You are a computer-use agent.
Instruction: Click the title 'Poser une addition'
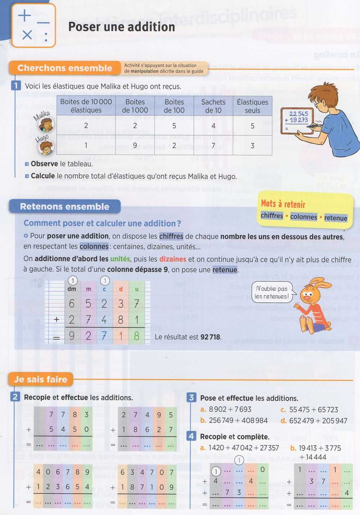[122, 27]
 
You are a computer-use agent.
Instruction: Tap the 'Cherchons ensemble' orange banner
[65, 68]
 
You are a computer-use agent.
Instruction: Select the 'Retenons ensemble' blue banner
[65, 207]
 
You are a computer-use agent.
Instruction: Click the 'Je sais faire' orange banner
[41, 379]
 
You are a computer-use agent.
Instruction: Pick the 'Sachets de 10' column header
[213, 106]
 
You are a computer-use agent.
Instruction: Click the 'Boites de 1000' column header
[135, 106]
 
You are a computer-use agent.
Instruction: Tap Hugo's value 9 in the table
[135, 145]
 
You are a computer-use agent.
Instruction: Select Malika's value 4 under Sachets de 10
[213, 126]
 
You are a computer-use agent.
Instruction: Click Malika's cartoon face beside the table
[46, 125]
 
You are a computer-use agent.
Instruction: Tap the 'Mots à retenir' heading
[283, 204]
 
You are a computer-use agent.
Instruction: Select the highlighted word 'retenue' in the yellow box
[336, 218]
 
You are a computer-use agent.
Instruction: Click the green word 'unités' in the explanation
[120, 259]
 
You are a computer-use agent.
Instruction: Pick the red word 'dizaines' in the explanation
[172, 259]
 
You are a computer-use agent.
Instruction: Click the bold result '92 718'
[210, 337]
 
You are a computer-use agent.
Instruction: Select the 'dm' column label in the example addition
[72, 289]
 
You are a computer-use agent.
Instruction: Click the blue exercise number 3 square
[191, 398]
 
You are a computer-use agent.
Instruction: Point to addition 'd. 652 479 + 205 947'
[314, 421]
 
